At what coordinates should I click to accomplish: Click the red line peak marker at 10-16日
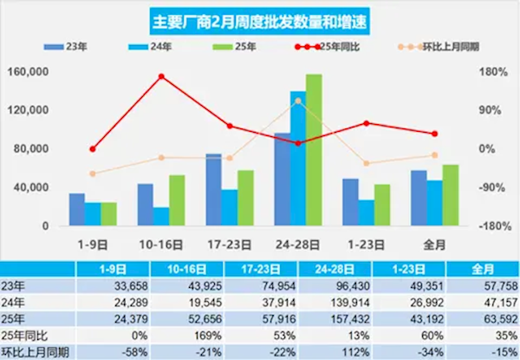(161, 76)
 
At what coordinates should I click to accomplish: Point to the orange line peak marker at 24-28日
(298, 101)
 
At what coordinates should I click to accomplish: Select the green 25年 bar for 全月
(450, 196)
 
